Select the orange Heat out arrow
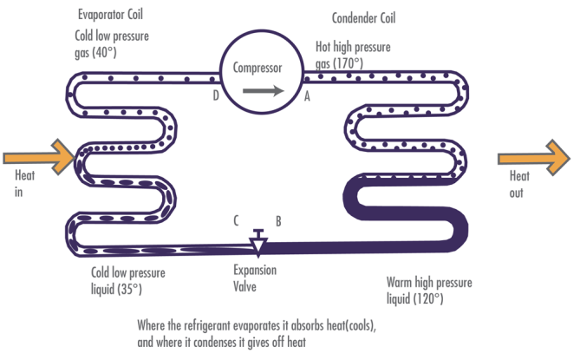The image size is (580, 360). coord(534,157)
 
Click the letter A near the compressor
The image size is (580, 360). coord(306,98)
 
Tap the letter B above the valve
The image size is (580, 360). coord(277,220)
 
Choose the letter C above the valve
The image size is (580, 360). coord(236,220)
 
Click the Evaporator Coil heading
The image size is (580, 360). coord(109,15)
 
